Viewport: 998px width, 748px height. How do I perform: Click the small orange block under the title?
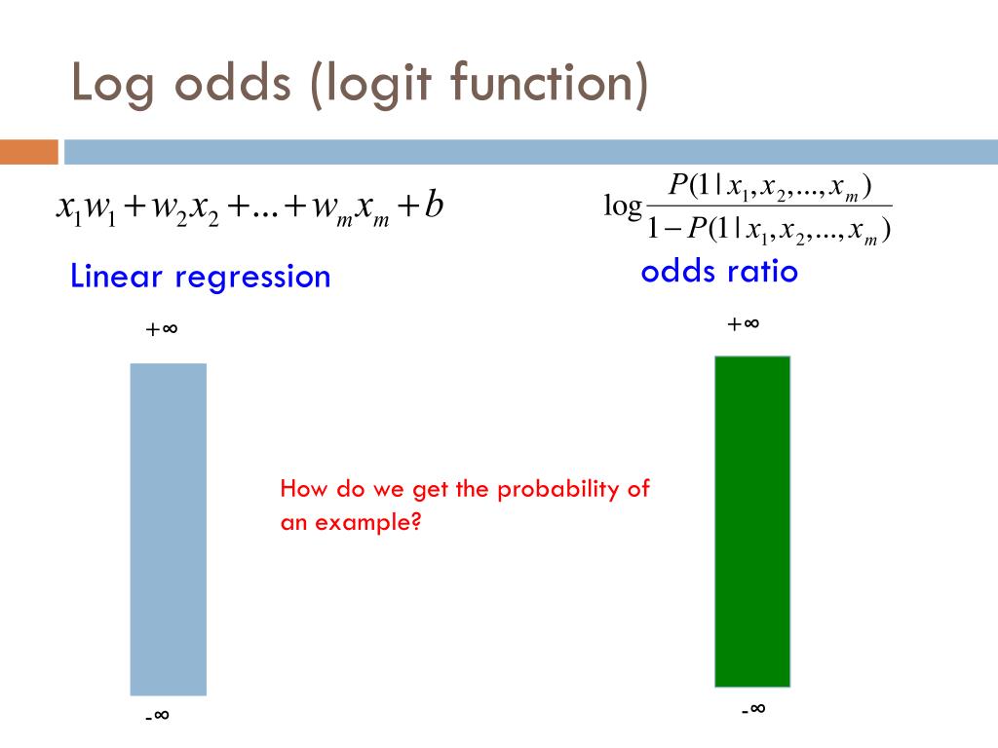click(x=29, y=152)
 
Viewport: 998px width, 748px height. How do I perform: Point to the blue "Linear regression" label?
click(x=201, y=277)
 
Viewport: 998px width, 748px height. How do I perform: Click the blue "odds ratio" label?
click(x=719, y=272)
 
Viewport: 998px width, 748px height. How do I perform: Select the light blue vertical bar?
click(x=169, y=529)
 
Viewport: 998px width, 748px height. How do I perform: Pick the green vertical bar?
click(x=752, y=521)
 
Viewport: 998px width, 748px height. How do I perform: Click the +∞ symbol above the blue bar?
click(x=162, y=329)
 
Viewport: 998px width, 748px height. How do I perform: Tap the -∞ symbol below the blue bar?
click(x=158, y=717)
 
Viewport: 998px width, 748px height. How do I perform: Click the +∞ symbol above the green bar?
click(x=743, y=323)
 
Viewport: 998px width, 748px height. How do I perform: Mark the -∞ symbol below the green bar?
click(x=752, y=709)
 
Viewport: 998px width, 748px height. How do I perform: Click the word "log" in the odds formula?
click(x=623, y=206)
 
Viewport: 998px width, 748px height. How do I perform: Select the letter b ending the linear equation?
click(x=435, y=206)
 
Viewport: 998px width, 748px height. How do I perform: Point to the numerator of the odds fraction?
click(x=769, y=186)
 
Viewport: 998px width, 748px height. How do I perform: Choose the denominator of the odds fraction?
click(x=770, y=230)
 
